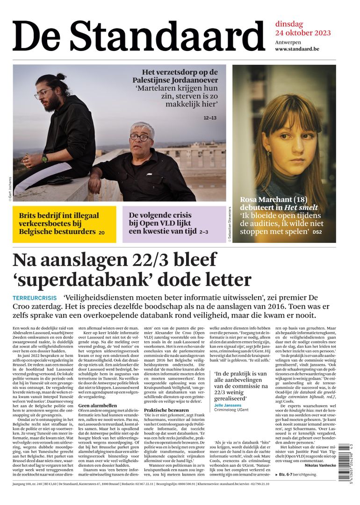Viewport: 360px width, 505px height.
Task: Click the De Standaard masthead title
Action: coord(138,36)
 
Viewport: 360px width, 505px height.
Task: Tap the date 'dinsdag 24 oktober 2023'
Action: coord(302,28)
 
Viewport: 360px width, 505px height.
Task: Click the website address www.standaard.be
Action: coord(303,49)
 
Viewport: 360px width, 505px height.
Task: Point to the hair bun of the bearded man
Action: coord(60,77)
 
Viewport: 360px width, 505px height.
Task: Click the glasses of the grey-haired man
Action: coord(140,137)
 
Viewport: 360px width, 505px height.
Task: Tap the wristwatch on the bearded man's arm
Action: coord(44,158)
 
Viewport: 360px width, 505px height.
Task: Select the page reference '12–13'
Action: coord(210,118)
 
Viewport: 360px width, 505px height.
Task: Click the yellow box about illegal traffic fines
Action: coord(65,224)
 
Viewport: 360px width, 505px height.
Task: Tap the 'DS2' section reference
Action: coord(317,232)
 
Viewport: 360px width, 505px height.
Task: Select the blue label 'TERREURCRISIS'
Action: coord(35,298)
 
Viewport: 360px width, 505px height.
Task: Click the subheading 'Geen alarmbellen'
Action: coord(97,405)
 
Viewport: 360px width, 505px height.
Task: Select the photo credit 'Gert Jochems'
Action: coord(9,189)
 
